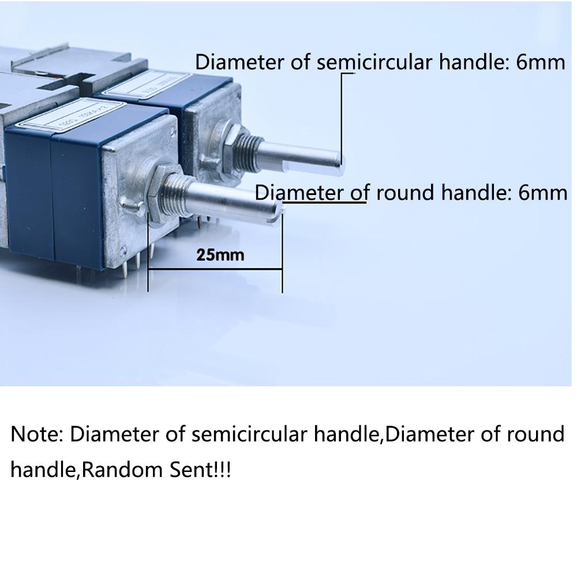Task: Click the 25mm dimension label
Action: [220, 254]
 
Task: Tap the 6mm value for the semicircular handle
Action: [541, 62]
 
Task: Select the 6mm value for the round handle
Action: [543, 192]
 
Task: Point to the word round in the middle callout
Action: [407, 192]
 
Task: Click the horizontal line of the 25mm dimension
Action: [215, 269]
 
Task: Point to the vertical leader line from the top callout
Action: [342, 115]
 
